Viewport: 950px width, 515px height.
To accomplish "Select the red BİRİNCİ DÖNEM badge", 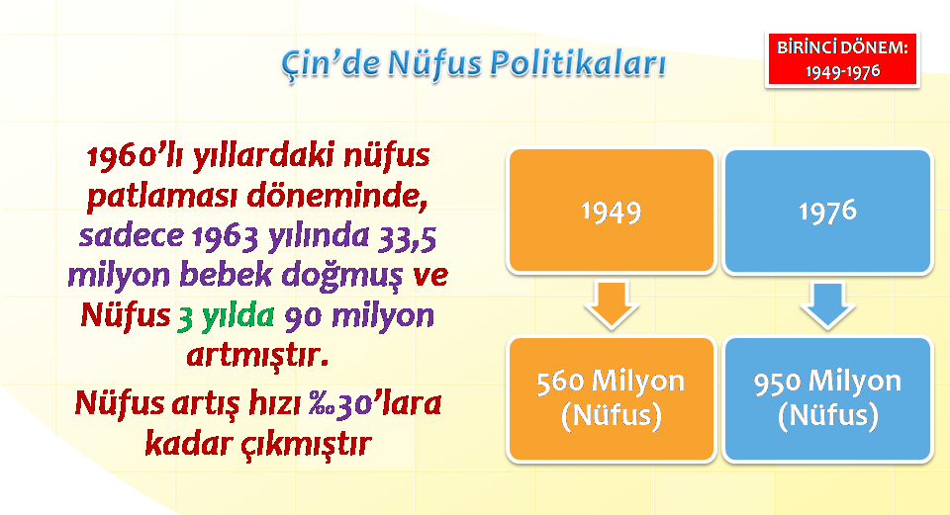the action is click(842, 60).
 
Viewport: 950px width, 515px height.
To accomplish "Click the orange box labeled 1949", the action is click(612, 211).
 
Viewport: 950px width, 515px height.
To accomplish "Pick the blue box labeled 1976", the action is click(827, 211).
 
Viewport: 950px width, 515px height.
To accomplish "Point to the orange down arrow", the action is click(612, 304).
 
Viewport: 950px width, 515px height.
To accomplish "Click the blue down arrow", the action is click(827, 304).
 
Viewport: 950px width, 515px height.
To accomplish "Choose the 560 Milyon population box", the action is click(612, 398).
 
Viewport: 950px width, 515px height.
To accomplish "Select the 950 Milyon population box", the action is click(827, 398).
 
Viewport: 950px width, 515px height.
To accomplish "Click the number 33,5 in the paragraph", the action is click(407, 236).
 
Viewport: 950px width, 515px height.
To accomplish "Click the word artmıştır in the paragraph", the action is click(257, 355).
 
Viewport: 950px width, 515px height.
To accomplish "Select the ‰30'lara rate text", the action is click(375, 403).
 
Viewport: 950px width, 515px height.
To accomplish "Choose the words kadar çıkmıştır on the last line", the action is click(258, 444).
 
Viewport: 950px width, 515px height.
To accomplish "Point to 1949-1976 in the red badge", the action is click(842, 72).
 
